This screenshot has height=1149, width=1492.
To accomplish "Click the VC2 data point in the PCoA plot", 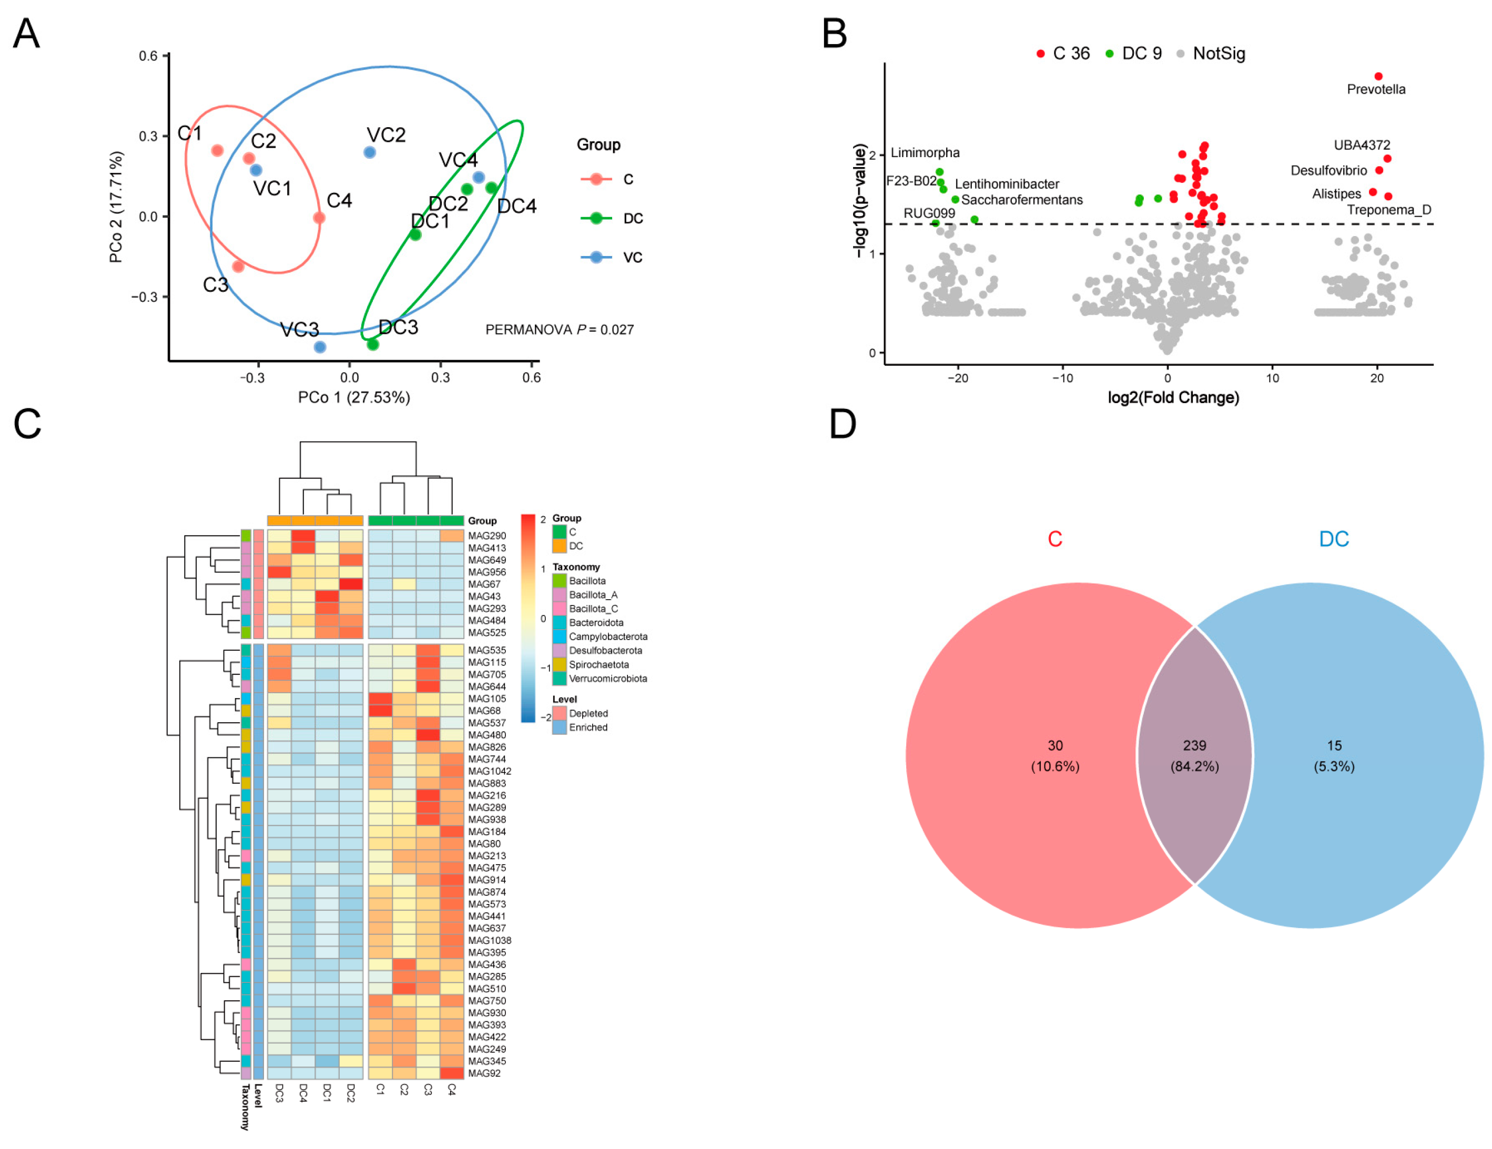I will pyautogui.click(x=370, y=152).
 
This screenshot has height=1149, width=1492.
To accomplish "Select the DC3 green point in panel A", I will pyautogui.click(x=373, y=344).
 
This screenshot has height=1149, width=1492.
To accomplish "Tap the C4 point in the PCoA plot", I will pyautogui.click(x=319, y=218).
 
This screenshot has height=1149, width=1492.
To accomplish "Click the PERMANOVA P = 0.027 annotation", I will pyautogui.click(x=560, y=330).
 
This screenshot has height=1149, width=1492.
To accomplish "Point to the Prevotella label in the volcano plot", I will pyautogui.click(x=1376, y=89).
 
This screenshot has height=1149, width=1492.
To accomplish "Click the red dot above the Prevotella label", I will pyautogui.click(x=1378, y=76).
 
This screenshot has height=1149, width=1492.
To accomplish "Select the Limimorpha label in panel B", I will pyautogui.click(x=925, y=153).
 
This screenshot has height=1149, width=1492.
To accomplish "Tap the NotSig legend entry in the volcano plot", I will pyautogui.click(x=1219, y=54).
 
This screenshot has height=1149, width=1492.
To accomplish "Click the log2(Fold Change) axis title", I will pyautogui.click(x=1173, y=397).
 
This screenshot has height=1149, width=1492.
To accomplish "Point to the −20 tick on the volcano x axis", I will pyautogui.click(x=958, y=378).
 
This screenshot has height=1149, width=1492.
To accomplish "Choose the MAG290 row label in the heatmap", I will pyautogui.click(x=487, y=536).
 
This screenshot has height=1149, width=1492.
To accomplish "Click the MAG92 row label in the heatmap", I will pyautogui.click(x=484, y=1073).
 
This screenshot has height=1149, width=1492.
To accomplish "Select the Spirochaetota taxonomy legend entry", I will pyautogui.click(x=598, y=664).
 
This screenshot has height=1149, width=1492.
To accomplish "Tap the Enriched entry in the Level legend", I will pyautogui.click(x=587, y=727).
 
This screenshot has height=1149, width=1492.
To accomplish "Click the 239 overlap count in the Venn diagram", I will pyautogui.click(x=1194, y=745).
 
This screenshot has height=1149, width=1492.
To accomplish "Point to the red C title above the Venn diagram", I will pyautogui.click(x=1055, y=539).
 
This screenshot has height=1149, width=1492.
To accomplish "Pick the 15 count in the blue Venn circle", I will pyautogui.click(x=1334, y=745).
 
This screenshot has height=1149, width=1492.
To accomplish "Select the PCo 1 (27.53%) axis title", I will pyautogui.click(x=354, y=397).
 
